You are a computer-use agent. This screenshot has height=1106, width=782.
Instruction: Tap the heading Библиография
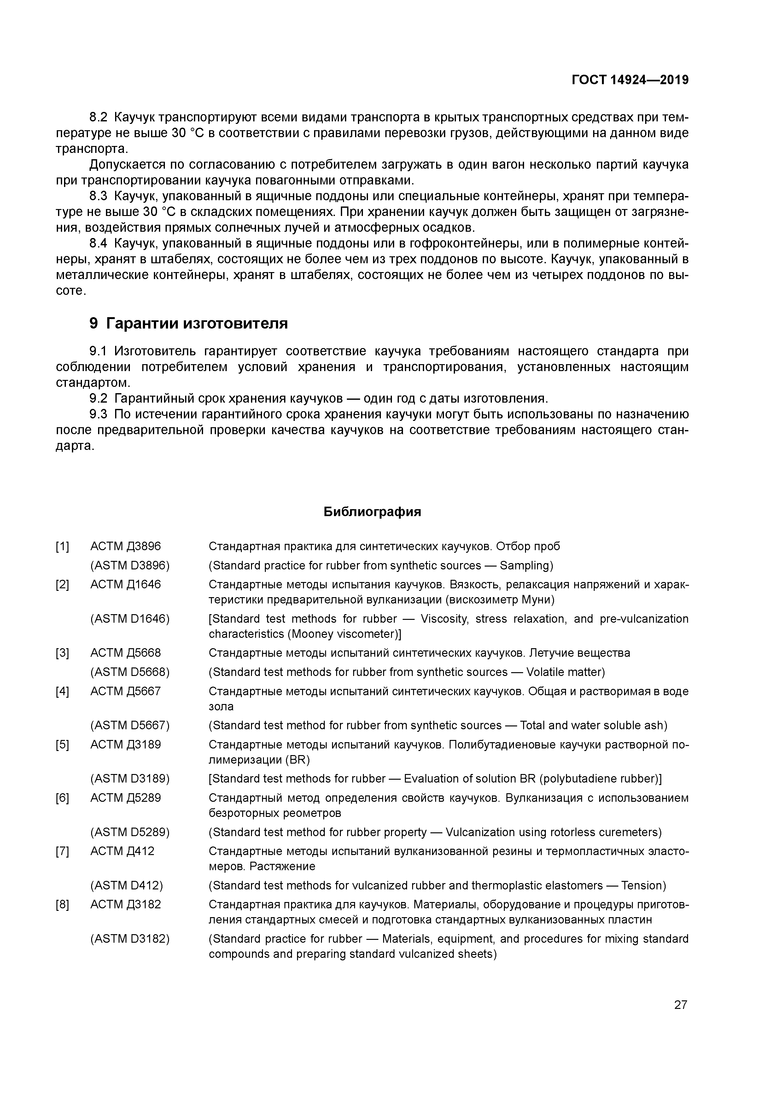372,512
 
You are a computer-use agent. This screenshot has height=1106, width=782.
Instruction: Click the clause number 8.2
99,118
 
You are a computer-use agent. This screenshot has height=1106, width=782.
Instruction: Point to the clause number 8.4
99,244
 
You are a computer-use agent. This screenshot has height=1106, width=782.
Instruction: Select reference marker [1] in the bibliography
62,547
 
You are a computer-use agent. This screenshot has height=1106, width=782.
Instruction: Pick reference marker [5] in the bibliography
62,745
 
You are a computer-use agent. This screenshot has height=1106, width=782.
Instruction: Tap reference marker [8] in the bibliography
62,905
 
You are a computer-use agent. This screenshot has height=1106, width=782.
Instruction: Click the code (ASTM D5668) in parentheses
130,672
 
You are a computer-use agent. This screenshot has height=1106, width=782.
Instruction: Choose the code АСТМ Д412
122,851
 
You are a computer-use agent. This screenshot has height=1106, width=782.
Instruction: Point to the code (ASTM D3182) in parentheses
130,939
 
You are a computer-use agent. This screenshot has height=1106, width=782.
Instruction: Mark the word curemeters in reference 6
631,832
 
